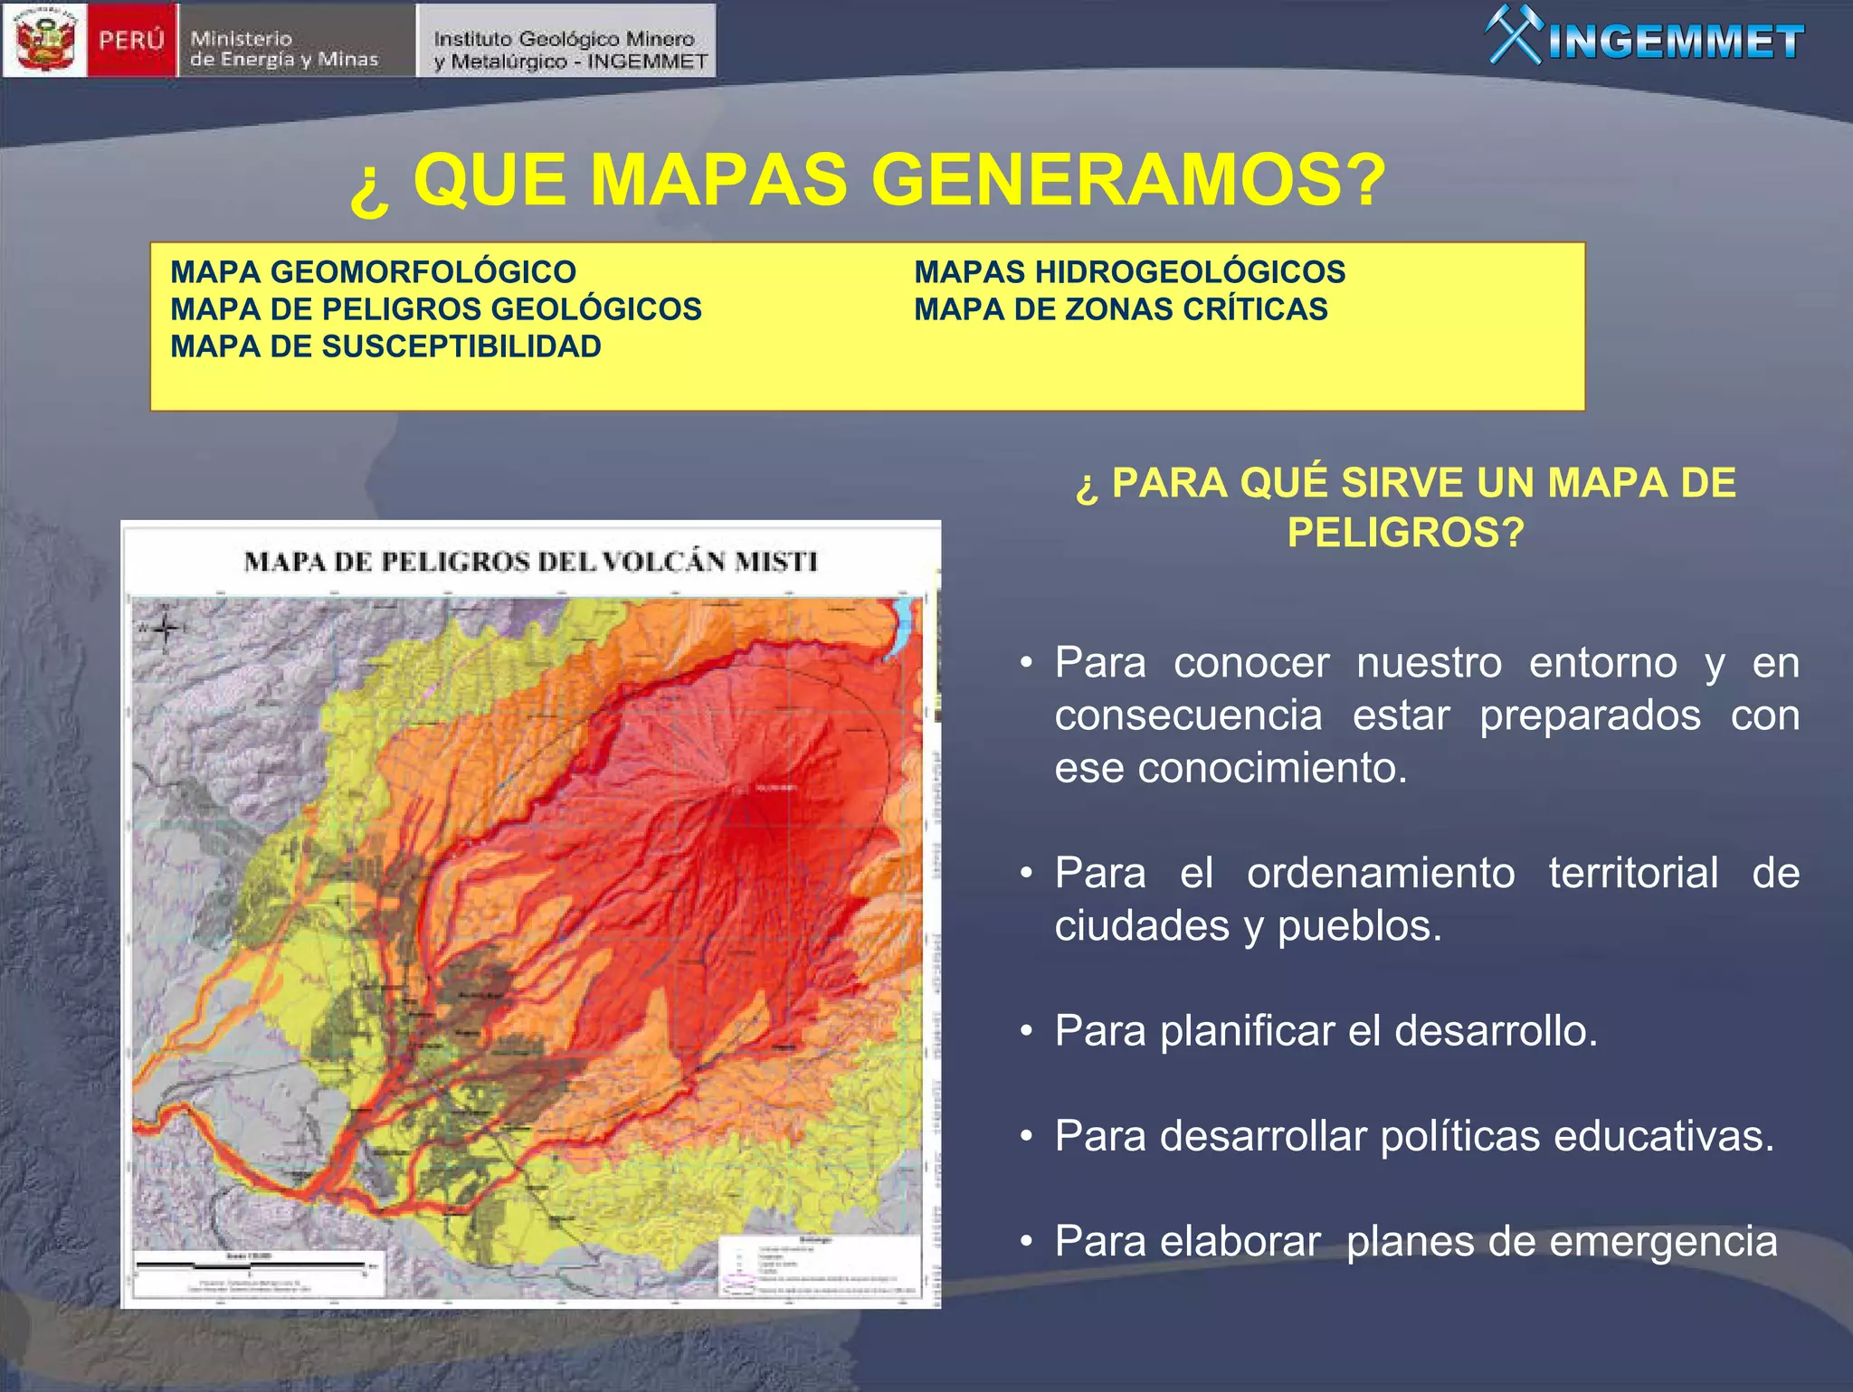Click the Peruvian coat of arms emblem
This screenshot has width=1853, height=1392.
click(45, 40)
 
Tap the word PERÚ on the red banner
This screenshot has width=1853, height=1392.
click(132, 41)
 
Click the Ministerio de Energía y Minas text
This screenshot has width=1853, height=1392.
click(283, 49)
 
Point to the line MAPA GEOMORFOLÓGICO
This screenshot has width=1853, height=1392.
click(373, 271)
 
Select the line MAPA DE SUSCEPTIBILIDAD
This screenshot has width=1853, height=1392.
click(385, 346)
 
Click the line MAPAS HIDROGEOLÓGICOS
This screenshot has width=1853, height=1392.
click(1129, 271)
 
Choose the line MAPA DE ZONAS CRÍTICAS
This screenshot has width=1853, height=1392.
click(1120, 309)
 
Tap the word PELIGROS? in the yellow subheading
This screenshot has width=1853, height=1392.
click(1405, 532)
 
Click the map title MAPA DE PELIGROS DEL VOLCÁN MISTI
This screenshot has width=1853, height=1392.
click(530, 562)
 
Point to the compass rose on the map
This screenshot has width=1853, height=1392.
click(164, 628)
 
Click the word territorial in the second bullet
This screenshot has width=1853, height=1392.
click(1632, 873)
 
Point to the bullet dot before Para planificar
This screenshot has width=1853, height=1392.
click(1025, 1031)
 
